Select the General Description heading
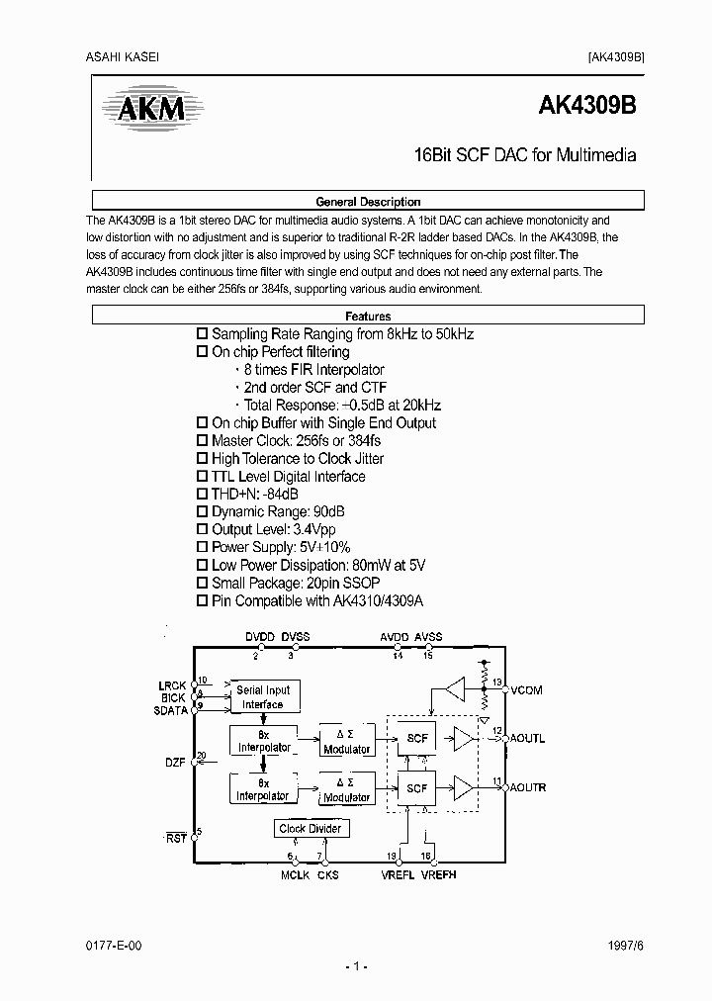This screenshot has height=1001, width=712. tap(368, 200)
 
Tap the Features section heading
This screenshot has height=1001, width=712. tap(368, 317)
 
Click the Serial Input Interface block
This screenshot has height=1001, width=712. tap(263, 697)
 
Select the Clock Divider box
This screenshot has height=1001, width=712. tap(311, 829)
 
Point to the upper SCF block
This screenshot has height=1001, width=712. tap(416, 738)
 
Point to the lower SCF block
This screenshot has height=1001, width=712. tap(416, 788)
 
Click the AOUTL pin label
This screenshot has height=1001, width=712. tap(527, 739)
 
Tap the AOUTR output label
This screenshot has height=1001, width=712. tap(528, 788)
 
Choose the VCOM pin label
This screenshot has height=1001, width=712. tap(526, 690)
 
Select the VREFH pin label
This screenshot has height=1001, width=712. tap(439, 874)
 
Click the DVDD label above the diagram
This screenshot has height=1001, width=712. tap(260, 637)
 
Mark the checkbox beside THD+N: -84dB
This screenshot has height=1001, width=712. tap(203, 494)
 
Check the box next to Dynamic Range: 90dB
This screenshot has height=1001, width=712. tap(203, 511)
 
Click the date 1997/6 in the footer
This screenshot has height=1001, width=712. tap(626, 946)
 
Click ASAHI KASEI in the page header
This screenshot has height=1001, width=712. tap(116, 56)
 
